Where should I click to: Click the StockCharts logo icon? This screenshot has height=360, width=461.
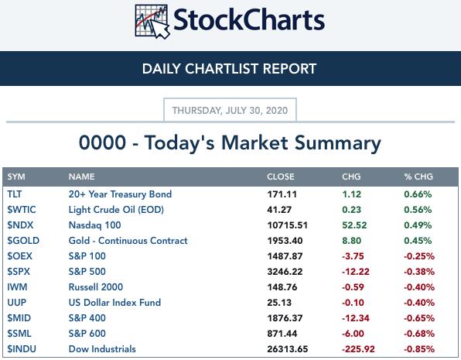(152, 22)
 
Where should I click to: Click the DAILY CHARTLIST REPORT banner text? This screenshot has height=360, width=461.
(229, 69)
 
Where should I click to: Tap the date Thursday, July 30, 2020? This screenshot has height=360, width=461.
(230, 111)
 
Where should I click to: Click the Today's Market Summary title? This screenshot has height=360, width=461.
(230, 143)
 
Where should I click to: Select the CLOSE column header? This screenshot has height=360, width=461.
(281, 177)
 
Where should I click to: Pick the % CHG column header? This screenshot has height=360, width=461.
(418, 177)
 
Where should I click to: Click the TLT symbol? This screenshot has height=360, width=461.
(15, 194)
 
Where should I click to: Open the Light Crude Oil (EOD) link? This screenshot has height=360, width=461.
(116, 210)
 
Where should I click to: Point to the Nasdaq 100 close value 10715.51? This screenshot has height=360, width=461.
(287, 225)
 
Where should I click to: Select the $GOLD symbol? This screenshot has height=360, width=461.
(23, 241)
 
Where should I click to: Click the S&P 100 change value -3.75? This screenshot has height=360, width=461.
(353, 256)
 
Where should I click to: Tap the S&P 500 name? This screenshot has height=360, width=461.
(87, 272)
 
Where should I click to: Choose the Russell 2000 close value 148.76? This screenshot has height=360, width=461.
(282, 287)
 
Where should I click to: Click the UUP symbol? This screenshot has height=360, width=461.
(17, 302)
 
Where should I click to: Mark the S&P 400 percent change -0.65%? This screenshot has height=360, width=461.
(419, 318)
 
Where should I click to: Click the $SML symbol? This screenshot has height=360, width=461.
(19, 334)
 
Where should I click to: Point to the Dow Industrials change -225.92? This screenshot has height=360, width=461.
(358, 349)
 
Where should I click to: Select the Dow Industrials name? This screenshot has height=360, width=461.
(102, 349)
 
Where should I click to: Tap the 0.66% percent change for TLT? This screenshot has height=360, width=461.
(418, 194)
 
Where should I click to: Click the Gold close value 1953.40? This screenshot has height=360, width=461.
(285, 241)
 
